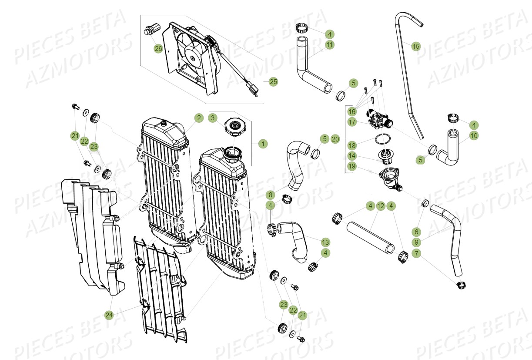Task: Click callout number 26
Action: tap(158, 48)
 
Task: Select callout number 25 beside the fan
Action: tap(273, 81)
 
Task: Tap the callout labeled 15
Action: tap(416, 46)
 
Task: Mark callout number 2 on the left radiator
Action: tap(198, 118)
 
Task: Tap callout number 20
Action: tap(335, 139)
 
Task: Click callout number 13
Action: tap(325, 242)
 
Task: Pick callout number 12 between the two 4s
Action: tap(381, 205)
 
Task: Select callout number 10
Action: tap(474, 136)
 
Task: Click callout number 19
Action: tap(352, 166)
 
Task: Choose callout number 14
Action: tap(352, 155)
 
